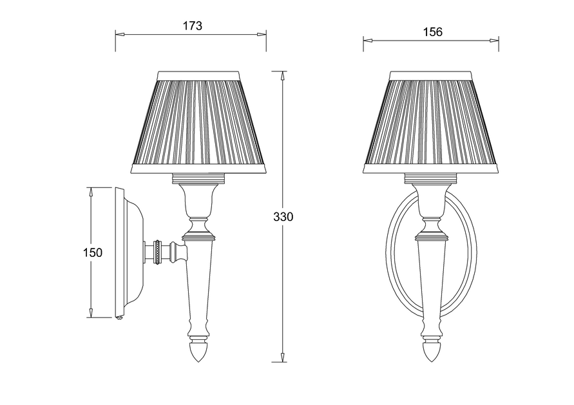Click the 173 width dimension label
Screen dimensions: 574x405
coord(192,26)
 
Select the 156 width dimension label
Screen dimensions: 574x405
coord(433,32)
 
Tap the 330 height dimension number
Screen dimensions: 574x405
coord(283,217)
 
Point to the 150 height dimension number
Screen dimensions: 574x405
coord(93,252)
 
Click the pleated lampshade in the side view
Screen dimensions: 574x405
coord(199,122)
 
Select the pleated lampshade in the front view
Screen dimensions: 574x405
coord(431,122)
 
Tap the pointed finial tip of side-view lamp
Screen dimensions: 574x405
coord(198,361)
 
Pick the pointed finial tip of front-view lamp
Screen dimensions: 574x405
coord(431,361)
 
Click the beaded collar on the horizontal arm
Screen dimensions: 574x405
coord(158,252)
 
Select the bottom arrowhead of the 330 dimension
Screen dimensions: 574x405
coord(282,357)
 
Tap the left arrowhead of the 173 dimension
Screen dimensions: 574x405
coord(120,34)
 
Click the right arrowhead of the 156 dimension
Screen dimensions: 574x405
coord(494,41)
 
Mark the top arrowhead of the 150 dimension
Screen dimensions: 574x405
coord(90,193)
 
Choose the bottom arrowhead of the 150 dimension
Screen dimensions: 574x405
coord(90,312)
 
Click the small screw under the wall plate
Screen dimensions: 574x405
coord(119,317)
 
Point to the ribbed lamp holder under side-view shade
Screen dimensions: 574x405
coord(198,178)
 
